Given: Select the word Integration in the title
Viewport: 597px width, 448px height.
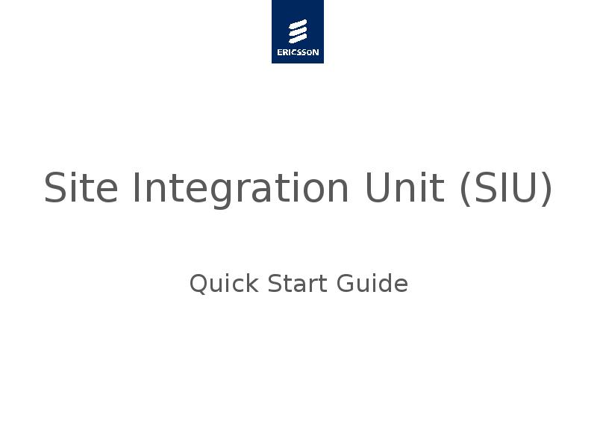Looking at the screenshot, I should coord(240,187).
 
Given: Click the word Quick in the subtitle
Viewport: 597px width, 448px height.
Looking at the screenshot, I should coord(223,284).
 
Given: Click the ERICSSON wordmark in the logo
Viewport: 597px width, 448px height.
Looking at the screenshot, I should coord(298,52).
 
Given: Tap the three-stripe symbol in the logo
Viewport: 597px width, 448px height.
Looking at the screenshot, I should coord(298,31).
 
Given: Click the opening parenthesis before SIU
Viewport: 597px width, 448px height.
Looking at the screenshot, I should coord(465,189).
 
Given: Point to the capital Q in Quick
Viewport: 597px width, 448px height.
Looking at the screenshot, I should coord(199,284).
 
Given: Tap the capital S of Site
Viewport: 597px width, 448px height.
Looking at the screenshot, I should coord(56,187).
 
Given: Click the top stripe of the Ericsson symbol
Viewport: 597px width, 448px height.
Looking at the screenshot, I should coord(298,24).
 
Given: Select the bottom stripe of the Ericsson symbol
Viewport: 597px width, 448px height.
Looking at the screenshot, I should coord(298,39).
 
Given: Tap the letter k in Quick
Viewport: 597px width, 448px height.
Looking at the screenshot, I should coord(251,284).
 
